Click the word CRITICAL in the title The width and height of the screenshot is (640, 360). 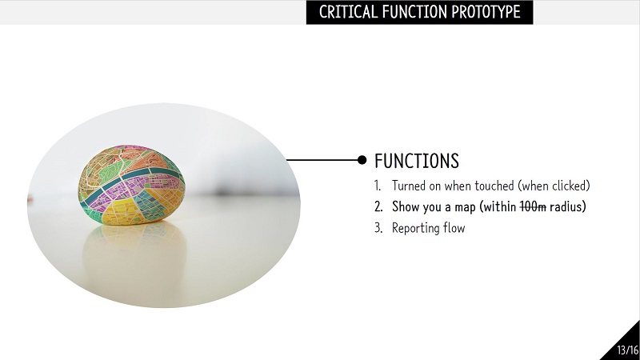tap(348, 12)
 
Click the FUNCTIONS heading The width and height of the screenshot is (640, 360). tap(417, 161)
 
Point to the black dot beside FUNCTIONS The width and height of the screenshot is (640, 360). tap(362, 160)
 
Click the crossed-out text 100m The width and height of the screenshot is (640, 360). tap(533, 207)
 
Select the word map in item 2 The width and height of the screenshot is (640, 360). tap(466, 208)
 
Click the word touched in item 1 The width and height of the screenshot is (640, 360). tap(494, 186)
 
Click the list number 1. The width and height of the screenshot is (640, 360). tap(378, 186)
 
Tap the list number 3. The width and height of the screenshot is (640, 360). tap(378, 228)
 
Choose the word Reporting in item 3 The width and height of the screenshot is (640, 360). tap(415, 228)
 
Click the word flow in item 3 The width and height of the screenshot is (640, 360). tap(454, 227)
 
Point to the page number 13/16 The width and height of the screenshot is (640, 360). tap(627, 350)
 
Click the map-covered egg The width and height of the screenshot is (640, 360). tap(131, 185)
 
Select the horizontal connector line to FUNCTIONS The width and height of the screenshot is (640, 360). tap(322, 160)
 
